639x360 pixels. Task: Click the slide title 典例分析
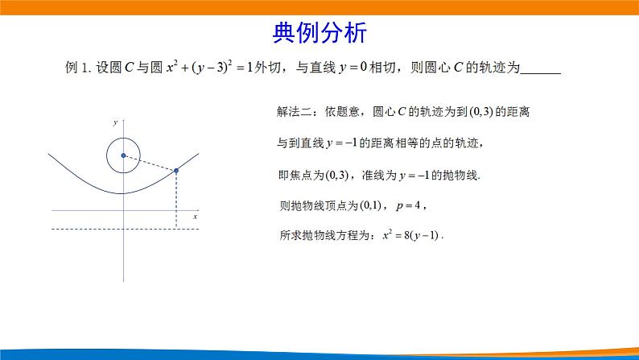point(319,33)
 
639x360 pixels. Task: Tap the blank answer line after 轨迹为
point(540,69)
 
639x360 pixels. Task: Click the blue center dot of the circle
point(123,155)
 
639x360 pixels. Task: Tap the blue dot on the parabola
point(176,171)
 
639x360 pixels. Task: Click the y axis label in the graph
point(115,122)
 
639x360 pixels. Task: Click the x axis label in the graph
point(195,217)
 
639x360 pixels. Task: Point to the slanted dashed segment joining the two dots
point(150,163)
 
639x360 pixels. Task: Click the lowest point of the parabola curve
point(123,192)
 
